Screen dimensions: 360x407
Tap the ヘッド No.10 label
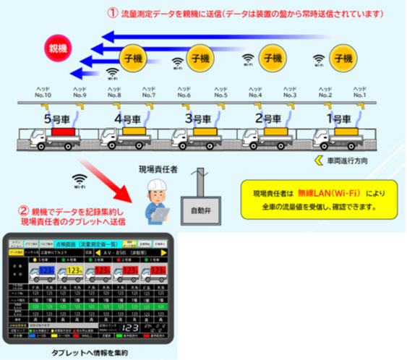coord(43,91)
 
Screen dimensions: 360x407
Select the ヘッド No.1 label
coord(359,91)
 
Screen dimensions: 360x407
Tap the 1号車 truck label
coord(340,116)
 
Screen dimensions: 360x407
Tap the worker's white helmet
coord(157,186)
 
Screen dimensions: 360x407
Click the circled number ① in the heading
coord(112,12)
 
